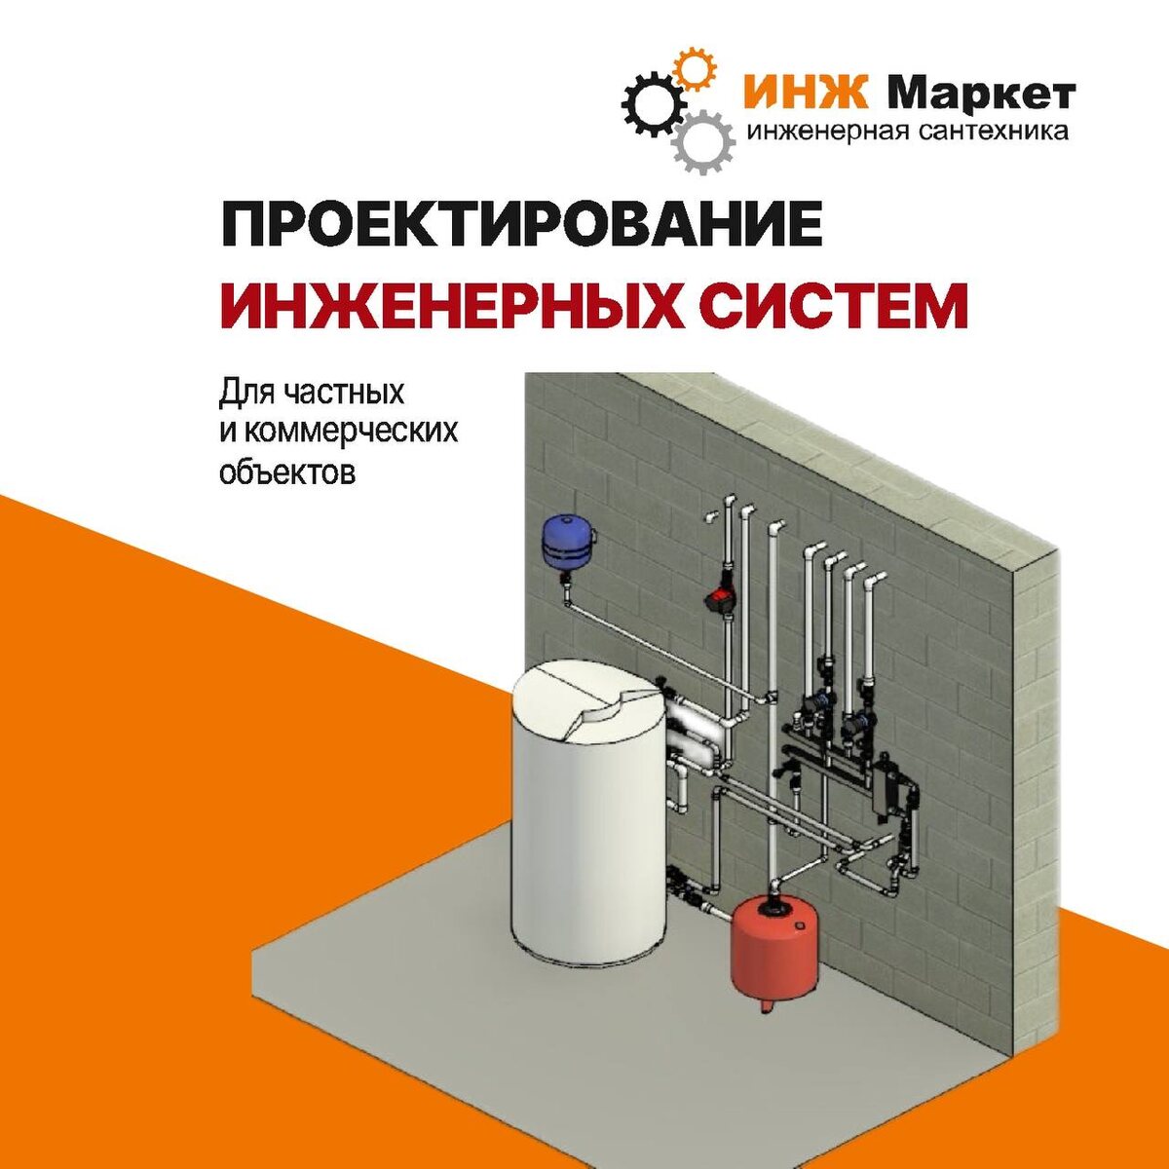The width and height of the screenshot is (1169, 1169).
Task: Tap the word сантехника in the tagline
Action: coord(995,131)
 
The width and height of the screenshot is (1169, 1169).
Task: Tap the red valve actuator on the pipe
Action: coord(720,599)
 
